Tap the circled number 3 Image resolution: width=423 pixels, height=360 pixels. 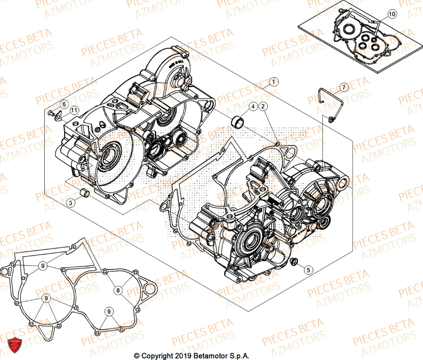71,203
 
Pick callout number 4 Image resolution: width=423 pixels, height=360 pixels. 252,107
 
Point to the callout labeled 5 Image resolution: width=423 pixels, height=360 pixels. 308,269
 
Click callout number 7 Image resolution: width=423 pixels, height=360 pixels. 343,88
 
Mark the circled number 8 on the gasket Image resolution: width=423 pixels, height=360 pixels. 118,290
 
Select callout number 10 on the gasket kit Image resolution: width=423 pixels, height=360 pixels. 392,14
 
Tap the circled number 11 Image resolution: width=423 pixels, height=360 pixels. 74,111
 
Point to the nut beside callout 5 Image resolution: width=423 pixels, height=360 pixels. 294,263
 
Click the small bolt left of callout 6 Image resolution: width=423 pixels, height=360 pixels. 51,113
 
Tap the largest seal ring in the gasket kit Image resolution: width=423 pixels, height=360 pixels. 349,30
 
